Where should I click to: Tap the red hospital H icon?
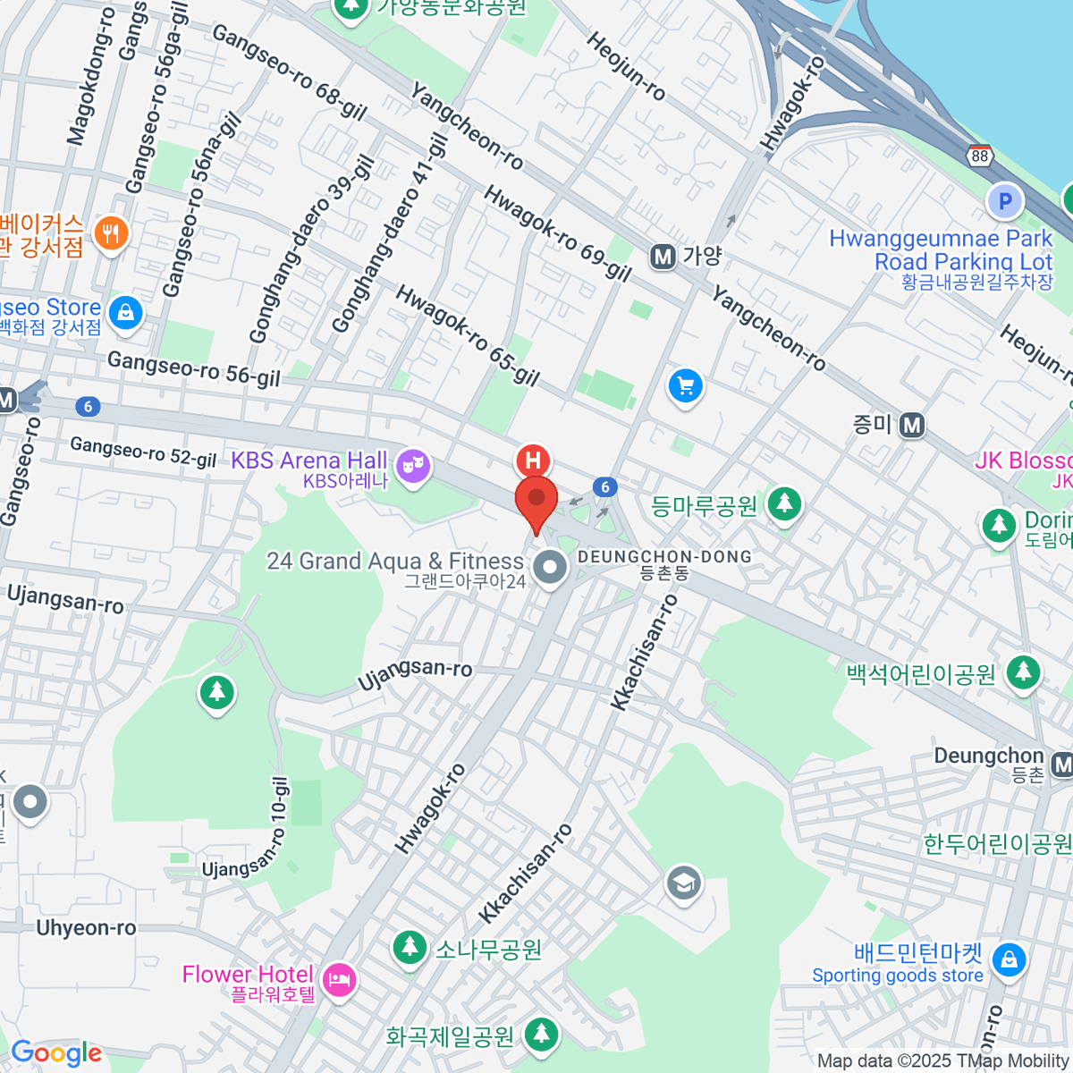coord(533,460)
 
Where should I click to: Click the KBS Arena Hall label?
coord(308,460)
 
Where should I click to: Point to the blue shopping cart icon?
coord(686,386)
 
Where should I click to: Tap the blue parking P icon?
coord(1004,201)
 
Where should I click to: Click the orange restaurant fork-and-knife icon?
coord(110,234)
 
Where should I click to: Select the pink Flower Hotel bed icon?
coord(339,981)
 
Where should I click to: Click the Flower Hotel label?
coord(248,974)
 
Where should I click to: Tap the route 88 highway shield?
coord(980,156)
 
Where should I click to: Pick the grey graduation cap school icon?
coord(684,883)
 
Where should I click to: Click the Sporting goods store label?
coord(897,976)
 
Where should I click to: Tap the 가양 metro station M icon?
coord(663,258)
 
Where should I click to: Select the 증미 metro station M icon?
coord(912,425)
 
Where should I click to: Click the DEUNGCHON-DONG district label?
coord(664,557)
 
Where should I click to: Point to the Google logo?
coord(56,1053)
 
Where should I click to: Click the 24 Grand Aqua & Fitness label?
coord(395,562)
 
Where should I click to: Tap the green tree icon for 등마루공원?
coord(784,504)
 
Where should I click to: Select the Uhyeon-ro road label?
coord(86,928)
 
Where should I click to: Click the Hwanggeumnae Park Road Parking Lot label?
coord(941,250)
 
